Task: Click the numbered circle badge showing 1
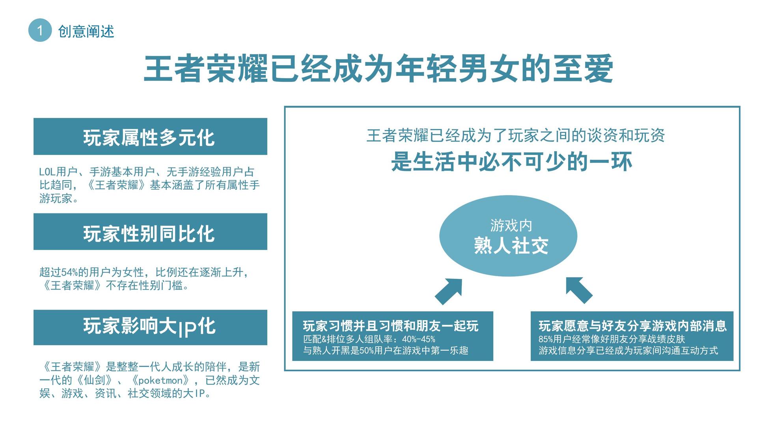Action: click(40, 30)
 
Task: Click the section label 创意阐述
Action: click(86, 31)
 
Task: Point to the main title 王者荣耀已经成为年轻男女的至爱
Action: click(378, 69)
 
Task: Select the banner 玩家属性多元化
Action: click(150, 136)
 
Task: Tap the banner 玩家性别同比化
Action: click(150, 232)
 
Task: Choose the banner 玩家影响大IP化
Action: click(150, 327)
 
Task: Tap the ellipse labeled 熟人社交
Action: click(508, 236)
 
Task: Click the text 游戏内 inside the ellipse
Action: click(511, 226)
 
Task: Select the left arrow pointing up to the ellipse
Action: click(449, 291)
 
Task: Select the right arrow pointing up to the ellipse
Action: click(578, 290)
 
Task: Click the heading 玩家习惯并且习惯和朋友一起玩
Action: click(390, 326)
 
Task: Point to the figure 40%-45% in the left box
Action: click(419, 339)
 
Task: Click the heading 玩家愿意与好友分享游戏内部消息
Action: click(632, 326)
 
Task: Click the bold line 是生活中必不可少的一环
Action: click(512, 162)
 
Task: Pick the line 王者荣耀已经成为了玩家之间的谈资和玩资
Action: click(515, 135)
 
